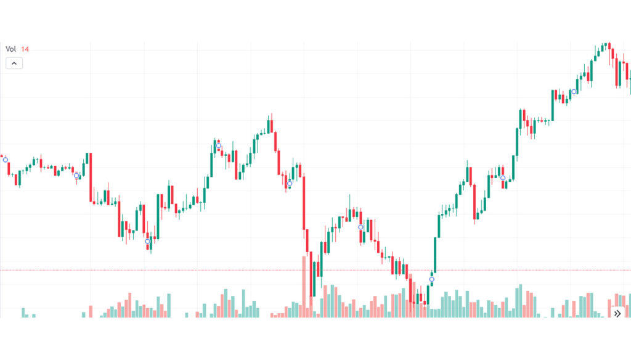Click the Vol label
[x=10, y=49]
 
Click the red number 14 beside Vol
[x=25, y=49]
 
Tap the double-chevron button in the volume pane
[x=617, y=313]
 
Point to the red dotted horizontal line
[x=185, y=270]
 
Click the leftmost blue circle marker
[x=6, y=160]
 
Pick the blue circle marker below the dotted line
[x=431, y=279]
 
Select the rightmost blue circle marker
[x=574, y=92]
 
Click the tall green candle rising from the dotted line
[x=436, y=254]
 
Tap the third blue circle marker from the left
[x=147, y=241]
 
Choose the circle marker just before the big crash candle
[x=290, y=183]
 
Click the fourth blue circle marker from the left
[x=218, y=145]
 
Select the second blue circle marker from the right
[x=503, y=178]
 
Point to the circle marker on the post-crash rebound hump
[x=360, y=227]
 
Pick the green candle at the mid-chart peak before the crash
[x=270, y=126]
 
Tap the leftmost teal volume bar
[x=23, y=313]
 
